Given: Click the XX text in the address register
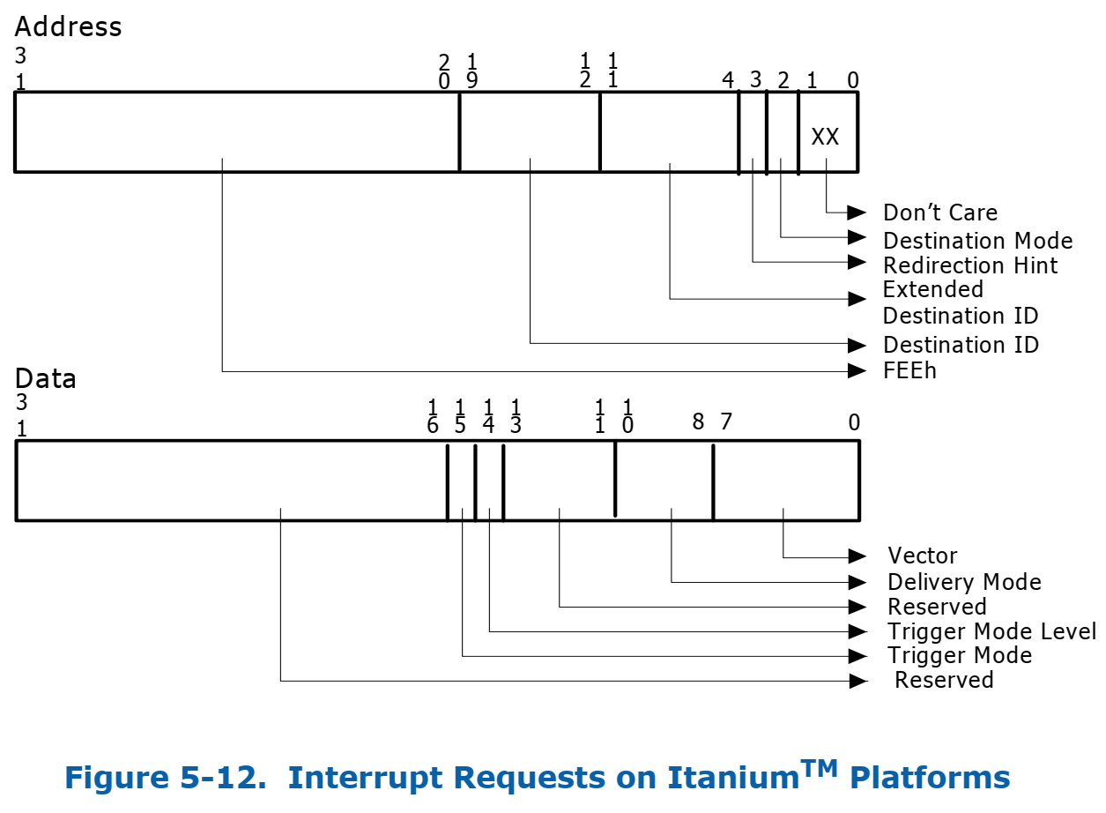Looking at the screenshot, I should coord(825,137).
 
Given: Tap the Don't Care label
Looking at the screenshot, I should coord(939,213).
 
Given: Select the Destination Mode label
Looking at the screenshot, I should coord(977,241).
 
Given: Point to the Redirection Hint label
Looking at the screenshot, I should coord(969,265).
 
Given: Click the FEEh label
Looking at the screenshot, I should coord(909,370).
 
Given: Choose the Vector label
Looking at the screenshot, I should coord(922,556).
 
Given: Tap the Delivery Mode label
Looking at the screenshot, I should coord(964,582).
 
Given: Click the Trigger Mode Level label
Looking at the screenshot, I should coord(991,631).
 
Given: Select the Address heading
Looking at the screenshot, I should coord(68,26).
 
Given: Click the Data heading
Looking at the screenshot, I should coord(45,379).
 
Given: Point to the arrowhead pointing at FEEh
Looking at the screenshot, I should coord(857,371).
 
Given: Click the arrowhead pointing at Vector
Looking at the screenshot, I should coord(857,556).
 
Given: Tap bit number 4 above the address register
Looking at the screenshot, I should coord(728,80).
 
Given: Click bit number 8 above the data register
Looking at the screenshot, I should coord(698,422).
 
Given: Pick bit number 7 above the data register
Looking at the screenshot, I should coord(725,422).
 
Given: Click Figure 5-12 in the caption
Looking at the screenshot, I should coord(166,778).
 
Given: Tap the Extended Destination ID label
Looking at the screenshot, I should coord(960,302).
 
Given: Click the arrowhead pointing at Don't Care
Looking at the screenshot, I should coord(857,213).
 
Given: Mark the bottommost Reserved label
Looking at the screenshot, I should coord(944,680).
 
